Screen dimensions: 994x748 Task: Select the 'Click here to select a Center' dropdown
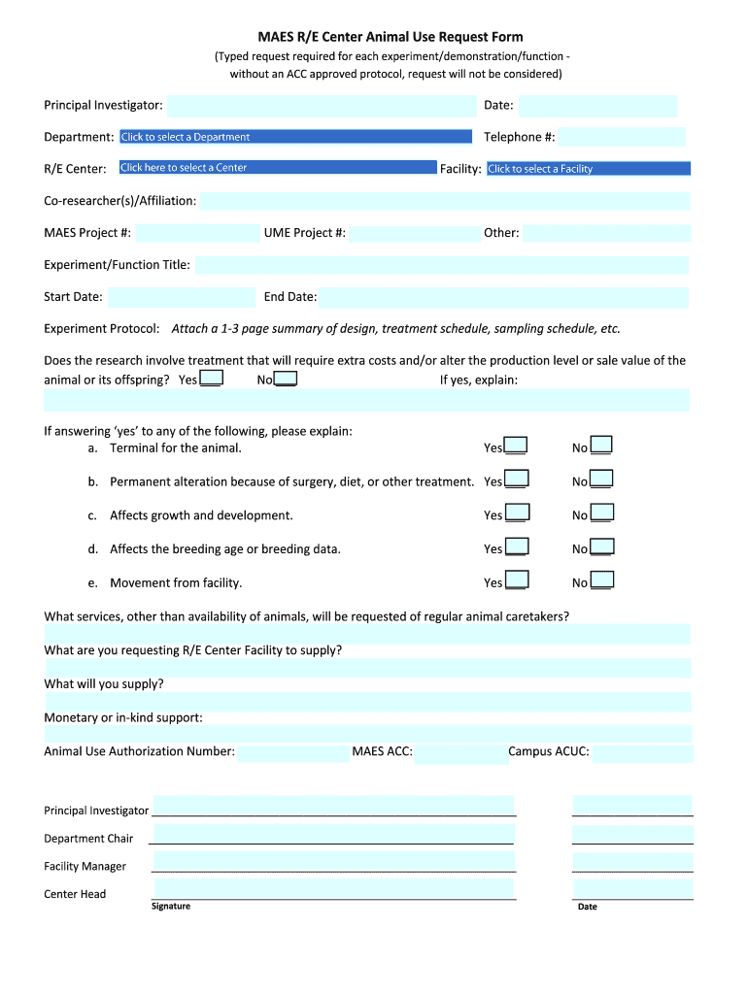coord(277,168)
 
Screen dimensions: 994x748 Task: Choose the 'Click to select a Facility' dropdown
coord(588,169)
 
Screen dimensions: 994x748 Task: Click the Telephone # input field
coord(622,137)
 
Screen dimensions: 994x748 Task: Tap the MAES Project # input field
coord(195,233)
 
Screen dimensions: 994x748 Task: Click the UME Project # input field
coord(414,233)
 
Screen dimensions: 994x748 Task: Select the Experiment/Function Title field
coord(441,265)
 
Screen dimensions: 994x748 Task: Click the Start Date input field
coord(181,297)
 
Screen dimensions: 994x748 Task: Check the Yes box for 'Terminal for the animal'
coord(517,446)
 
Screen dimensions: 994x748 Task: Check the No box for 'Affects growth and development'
coord(602,513)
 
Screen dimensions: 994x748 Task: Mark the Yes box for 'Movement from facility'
coord(517,580)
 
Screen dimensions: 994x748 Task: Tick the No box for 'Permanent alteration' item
coord(602,479)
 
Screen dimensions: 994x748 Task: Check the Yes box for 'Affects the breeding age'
coord(517,547)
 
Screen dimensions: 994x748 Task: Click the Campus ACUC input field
coord(642,753)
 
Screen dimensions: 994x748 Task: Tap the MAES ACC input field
coord(460,753)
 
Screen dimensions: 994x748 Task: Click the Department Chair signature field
coord(333,835)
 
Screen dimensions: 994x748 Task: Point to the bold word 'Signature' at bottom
coord(171,907)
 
